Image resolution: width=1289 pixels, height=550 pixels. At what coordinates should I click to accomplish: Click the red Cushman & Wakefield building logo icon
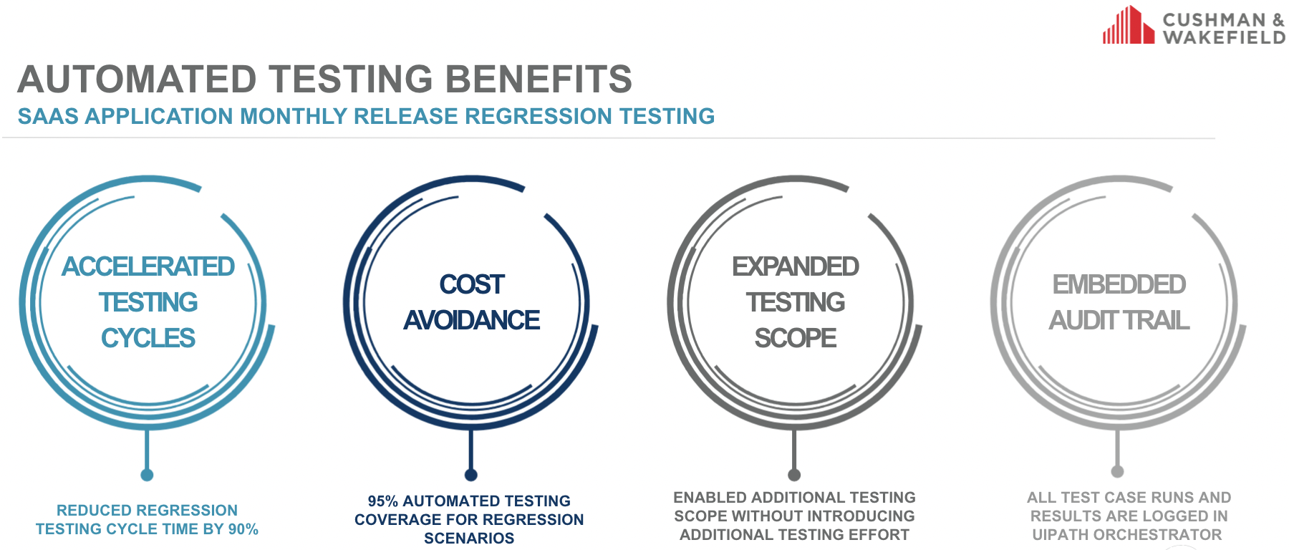[1129, 25]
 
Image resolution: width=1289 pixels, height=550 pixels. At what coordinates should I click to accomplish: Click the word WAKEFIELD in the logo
[1224, 37]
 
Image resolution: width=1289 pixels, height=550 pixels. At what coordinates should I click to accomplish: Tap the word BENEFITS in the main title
[539, 79]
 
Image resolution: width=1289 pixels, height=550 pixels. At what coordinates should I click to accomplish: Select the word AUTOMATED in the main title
[137, 79]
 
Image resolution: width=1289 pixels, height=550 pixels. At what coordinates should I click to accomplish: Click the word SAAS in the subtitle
[48, 116]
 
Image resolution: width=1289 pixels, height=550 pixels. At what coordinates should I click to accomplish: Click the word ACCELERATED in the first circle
[148, 266]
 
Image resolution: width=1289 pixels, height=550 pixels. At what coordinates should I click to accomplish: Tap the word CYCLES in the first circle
[148, 338]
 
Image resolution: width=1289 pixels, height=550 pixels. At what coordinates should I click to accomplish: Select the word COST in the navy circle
[472, 284]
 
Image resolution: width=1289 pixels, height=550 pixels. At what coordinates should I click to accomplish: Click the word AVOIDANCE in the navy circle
[472, 320]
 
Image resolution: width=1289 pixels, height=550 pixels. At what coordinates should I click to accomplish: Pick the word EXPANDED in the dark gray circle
[796, 266]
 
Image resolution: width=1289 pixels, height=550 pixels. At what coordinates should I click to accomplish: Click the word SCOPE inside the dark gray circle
[796, 338]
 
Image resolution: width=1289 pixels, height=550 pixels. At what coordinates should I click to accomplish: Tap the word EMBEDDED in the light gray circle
[1119, 284]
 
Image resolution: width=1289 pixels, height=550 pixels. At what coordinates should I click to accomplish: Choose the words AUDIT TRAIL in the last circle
[1119, 320]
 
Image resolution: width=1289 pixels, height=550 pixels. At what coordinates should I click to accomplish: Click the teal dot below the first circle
[148, 475]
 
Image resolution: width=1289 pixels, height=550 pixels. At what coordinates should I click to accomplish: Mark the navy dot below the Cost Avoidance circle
[471, 475]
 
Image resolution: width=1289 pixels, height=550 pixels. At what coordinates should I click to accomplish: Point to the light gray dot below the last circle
[1118, 471]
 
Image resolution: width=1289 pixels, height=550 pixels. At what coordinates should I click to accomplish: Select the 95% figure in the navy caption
[383, 501]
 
